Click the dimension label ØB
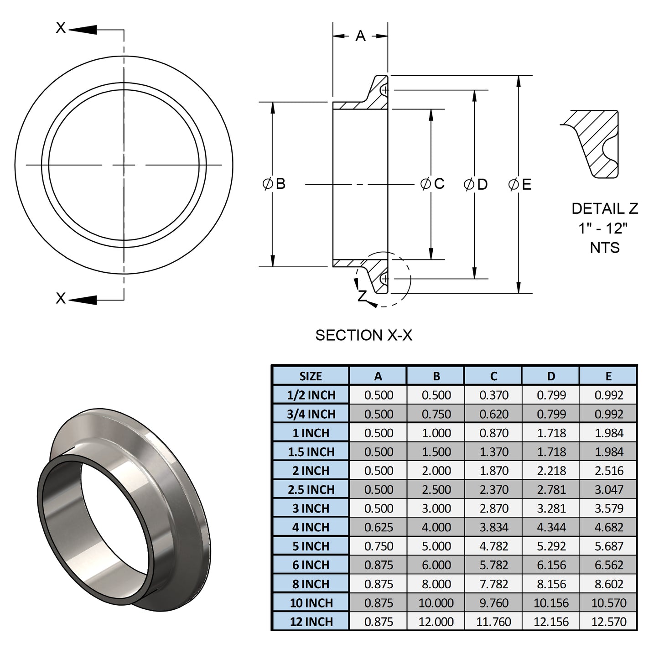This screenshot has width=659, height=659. (x=275, y=184)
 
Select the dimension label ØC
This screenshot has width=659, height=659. (x=432, y=184)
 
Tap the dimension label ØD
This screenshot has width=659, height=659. (x=476, y=184)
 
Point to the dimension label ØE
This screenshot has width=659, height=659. (x=520, y=184)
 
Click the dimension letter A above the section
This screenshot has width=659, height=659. (x=360, y=36)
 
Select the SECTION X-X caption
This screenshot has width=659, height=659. (x=363, y=335)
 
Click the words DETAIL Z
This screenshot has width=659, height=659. (x=605, y=208)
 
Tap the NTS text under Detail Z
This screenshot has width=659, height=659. (x=605, y=248)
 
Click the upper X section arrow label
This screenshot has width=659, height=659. (x=61, y=28)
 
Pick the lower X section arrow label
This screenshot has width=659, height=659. (x=61, y=298)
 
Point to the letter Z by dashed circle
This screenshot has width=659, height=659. (x=362, y=296)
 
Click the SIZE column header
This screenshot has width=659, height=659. (x=311, y=376)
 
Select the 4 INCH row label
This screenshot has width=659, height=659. (x=311, y=527)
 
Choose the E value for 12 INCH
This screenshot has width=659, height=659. (x=608, y=622)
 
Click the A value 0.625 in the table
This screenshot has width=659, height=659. (x=379, y=527)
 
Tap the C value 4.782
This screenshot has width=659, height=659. (x=493, y=546)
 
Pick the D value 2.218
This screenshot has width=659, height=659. (x=551, y=471)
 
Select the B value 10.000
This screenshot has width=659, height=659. (x=436, y=603)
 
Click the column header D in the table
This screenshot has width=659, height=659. (x=551, y=376)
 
